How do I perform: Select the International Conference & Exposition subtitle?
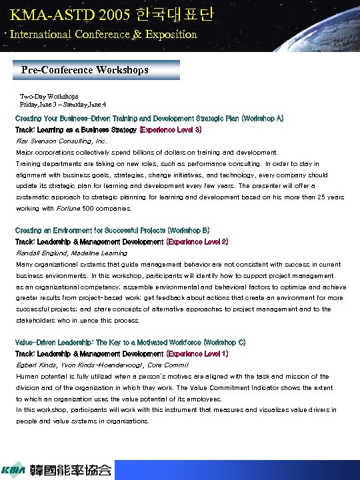point(103,33)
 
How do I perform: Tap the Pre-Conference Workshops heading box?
point(97,70)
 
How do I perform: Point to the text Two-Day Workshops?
point(49,97)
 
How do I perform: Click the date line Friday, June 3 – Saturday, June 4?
point(63,105)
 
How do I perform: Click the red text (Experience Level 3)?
point(171,129)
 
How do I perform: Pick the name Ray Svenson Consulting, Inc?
point(61,141)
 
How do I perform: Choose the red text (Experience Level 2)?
point(197,241)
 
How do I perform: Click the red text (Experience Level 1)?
point(197,353)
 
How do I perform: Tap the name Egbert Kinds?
point(36,365)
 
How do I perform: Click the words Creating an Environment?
point(49,231)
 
